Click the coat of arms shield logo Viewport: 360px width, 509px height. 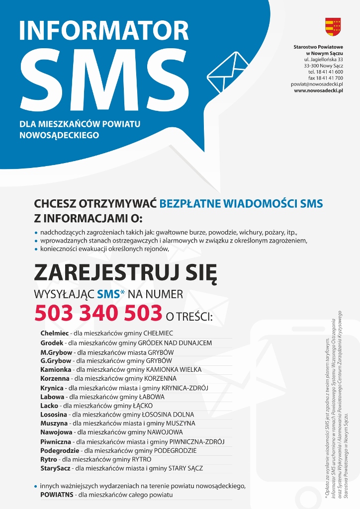pyautogui.click(x=333, y=26)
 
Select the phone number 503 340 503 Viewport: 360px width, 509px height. pyautogui.click(x=98, y=313)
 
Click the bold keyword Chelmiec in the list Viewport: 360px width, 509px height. pyautogui.click(x=54, y=333)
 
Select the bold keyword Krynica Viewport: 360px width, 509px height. pyautogui.click(x=52, y=388)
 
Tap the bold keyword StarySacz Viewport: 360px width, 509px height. pyautogui.click(x=56, y=468)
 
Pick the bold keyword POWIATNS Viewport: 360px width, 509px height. pyautogui.click(x=57, y=495)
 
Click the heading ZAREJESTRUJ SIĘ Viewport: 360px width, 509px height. pyautogui.click(x=125, y=272)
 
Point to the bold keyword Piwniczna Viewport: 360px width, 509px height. pyautogui.click(x=56, y=441)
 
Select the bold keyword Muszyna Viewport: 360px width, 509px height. pyautogui.click(x=54, y=424)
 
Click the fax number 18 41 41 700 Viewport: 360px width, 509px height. pyautogui.click(x=325, y=78)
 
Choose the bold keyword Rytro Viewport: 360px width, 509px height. pyautogui.click(x=49, y=460)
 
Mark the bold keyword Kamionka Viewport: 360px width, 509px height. pyautogui.click(x=55, y=369)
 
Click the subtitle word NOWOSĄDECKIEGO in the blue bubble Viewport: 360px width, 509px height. pyautogui.click(x=59, y=135)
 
